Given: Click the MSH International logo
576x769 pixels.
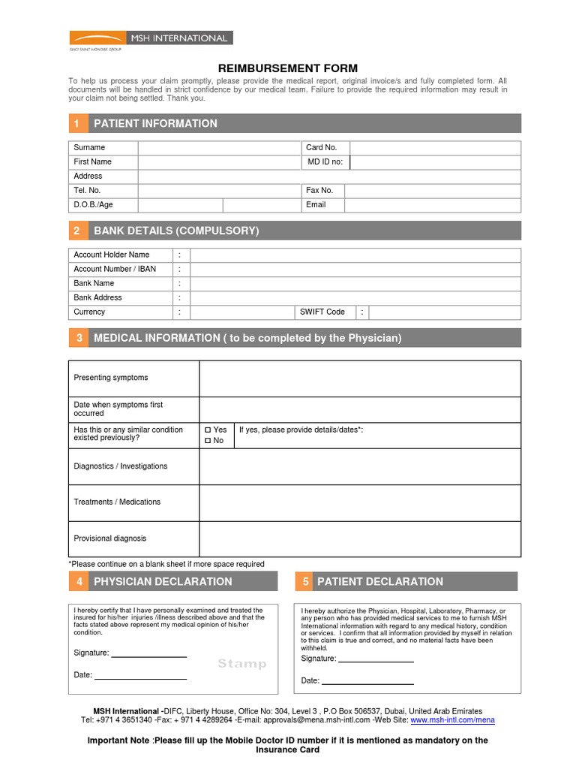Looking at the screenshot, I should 151,38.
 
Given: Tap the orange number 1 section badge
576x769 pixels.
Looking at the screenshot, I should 77,123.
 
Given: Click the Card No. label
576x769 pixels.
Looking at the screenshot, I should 322,148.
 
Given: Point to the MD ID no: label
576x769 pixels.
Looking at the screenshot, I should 325,161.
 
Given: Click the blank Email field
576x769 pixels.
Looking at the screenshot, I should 432,205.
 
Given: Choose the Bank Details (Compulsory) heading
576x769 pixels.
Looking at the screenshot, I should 176,231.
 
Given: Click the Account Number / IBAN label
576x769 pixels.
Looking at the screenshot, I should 115,269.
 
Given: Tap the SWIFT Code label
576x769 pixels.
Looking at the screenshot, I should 322,312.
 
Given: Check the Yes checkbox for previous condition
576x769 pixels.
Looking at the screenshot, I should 208,430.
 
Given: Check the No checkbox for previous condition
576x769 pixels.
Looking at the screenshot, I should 208,441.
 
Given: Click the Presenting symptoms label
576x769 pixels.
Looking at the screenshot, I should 111,378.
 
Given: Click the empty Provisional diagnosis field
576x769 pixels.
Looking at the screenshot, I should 359,538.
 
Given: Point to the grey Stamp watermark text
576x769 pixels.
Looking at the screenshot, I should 241,664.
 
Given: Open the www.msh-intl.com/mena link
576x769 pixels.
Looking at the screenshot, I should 452,720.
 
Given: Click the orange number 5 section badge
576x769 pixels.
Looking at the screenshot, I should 306,581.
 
